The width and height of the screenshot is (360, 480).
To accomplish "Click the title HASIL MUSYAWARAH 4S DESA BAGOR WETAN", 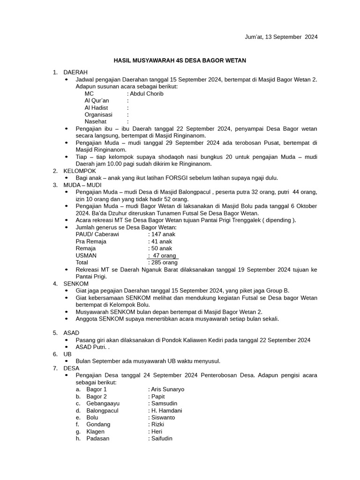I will tap(180, 60).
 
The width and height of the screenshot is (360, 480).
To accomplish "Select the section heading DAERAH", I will tap(75, 72).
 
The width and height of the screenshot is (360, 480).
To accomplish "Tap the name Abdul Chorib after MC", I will tap(146, 94).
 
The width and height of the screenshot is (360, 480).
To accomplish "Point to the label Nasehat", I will tap(95, 121).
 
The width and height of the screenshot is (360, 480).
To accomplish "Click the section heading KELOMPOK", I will tap(80, 171).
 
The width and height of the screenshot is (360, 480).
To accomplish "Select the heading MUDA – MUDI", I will tap(82, 185).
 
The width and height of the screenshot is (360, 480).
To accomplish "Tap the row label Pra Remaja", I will tap(91, 241).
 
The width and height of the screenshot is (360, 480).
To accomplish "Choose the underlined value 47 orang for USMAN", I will tap(163, 255).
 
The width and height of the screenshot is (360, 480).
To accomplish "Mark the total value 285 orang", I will tap(164, 262).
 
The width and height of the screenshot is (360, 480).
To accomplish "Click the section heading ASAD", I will tap(72, 333).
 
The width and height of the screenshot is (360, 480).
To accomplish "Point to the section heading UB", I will tap(68, 354).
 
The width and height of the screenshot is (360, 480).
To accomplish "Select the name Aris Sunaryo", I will tap(167, 389).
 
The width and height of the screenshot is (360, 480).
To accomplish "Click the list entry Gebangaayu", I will tap(103, 403).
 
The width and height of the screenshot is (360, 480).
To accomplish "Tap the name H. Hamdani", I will tap(166, 410).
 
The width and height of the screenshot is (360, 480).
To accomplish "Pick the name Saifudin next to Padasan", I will tap(161, 438).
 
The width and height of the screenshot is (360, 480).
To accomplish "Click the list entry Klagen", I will tap(96, 431).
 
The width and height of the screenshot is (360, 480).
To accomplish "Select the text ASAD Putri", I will tap(91, 347).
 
